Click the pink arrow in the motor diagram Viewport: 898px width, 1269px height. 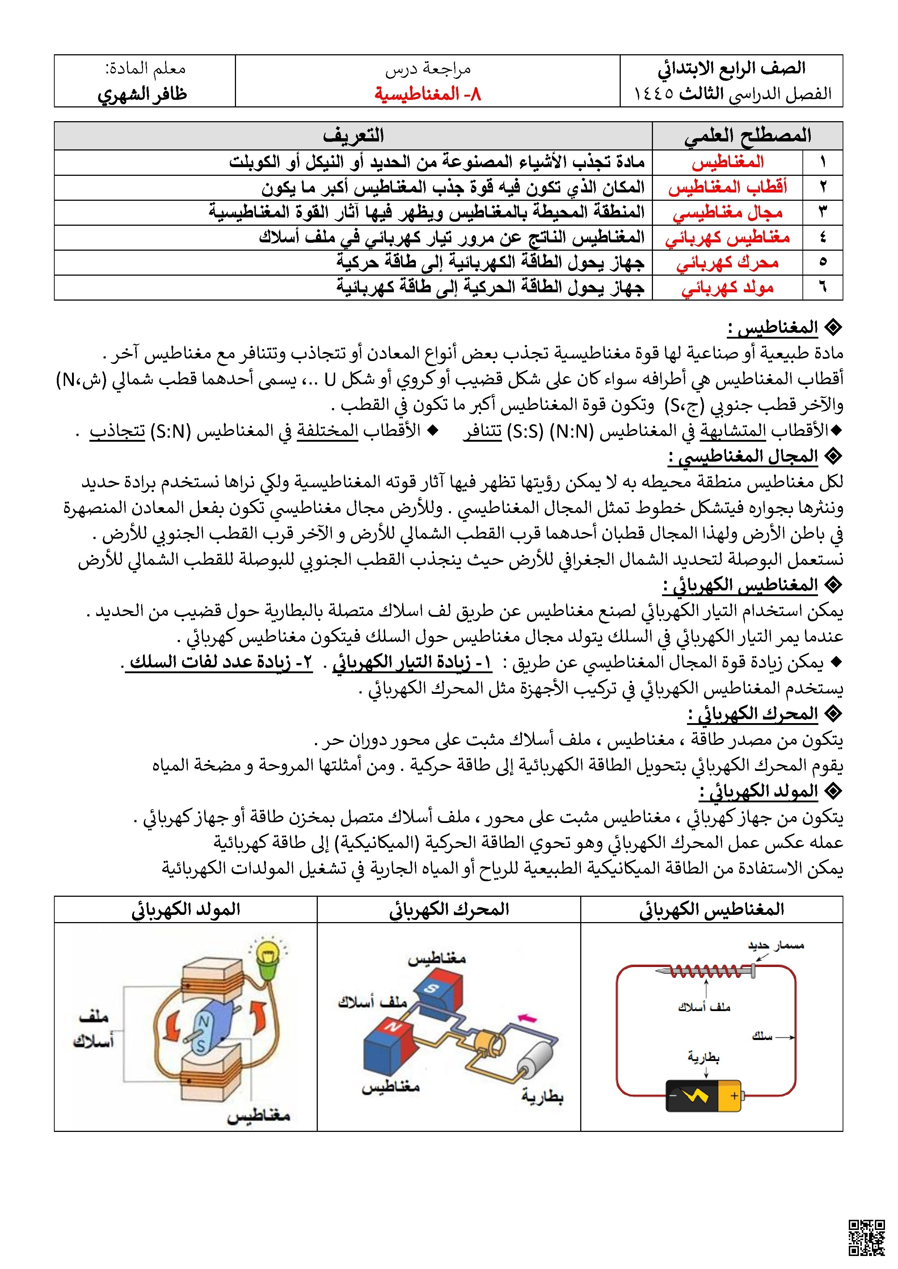529,1018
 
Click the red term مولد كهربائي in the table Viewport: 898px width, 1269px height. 727,288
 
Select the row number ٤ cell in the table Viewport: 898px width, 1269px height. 822,238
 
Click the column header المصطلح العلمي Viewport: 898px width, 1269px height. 747,135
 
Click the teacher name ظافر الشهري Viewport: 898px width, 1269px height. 143,94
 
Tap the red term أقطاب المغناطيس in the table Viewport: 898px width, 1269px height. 727,187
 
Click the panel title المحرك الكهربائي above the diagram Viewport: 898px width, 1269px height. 448,909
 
